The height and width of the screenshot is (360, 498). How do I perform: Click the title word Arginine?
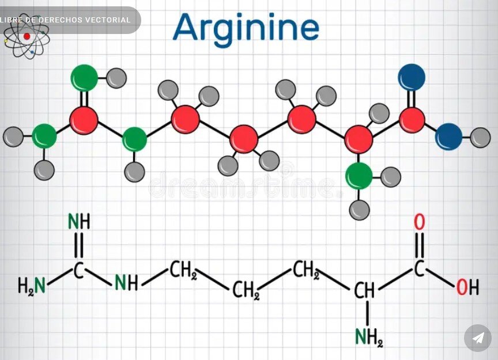point(246,29)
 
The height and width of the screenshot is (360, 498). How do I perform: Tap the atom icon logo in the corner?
point(27,37)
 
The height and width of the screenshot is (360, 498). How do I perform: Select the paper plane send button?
point(478,338)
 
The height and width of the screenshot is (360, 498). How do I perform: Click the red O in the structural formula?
point(419,222)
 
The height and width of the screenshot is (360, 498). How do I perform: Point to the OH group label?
point(467,287)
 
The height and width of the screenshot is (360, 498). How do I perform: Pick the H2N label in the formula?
point(32,285)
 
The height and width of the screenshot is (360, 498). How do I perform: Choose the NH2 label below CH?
point(369,337)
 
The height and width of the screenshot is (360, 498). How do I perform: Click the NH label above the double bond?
point(79,221)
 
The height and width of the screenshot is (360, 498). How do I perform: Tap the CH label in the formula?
point(364,290)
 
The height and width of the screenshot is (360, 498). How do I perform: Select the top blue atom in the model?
point(412,77)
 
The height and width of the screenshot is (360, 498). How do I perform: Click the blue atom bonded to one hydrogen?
point(448,137)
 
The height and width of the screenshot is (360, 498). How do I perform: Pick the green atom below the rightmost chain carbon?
point(359,176)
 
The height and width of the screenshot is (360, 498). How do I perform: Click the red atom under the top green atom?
point(84,120)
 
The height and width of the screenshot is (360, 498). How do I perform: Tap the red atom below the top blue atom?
point(412,120)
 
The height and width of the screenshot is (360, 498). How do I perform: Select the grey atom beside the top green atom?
point(116,78)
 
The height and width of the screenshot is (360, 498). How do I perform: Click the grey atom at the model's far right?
point(480,138)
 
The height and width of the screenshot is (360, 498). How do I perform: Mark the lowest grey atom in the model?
point(359,210)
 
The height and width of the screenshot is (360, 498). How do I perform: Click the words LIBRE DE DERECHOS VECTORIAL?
point(66,20)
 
